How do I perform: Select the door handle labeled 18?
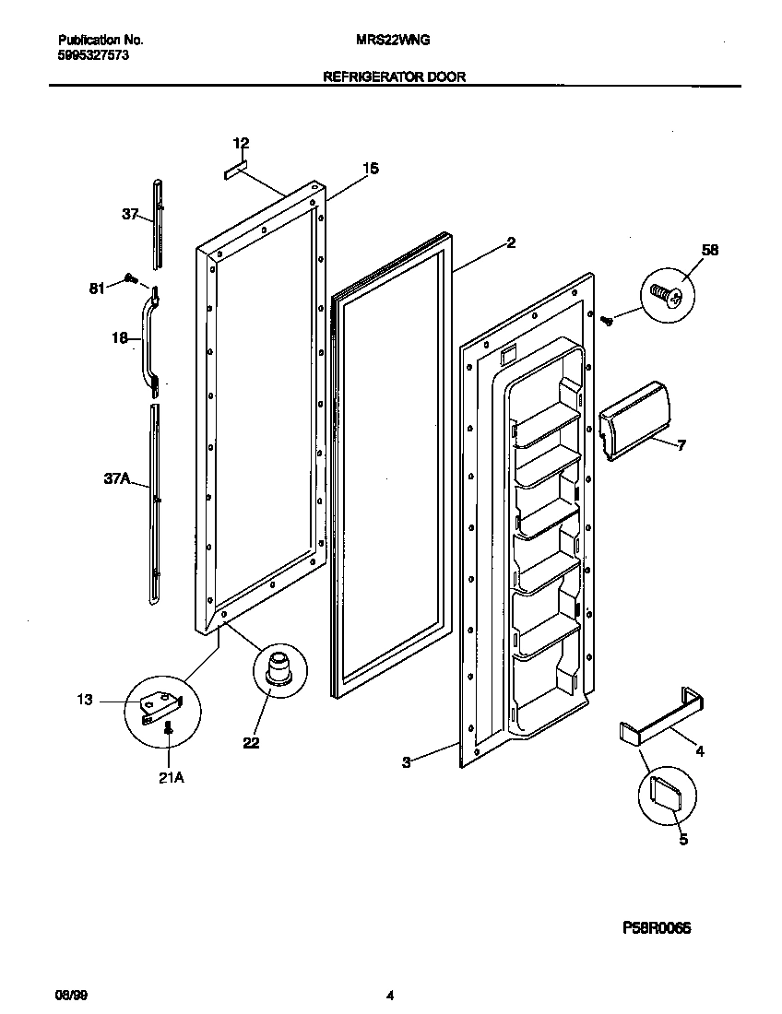pos(146,338)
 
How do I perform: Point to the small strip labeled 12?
pos(237,171)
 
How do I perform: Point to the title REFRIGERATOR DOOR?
pos(394,77)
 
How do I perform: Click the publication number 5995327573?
pos(92,55)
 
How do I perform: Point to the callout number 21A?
pos(171,777)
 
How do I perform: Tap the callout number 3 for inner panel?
pos(406,760)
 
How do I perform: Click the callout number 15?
pos(370,169)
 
